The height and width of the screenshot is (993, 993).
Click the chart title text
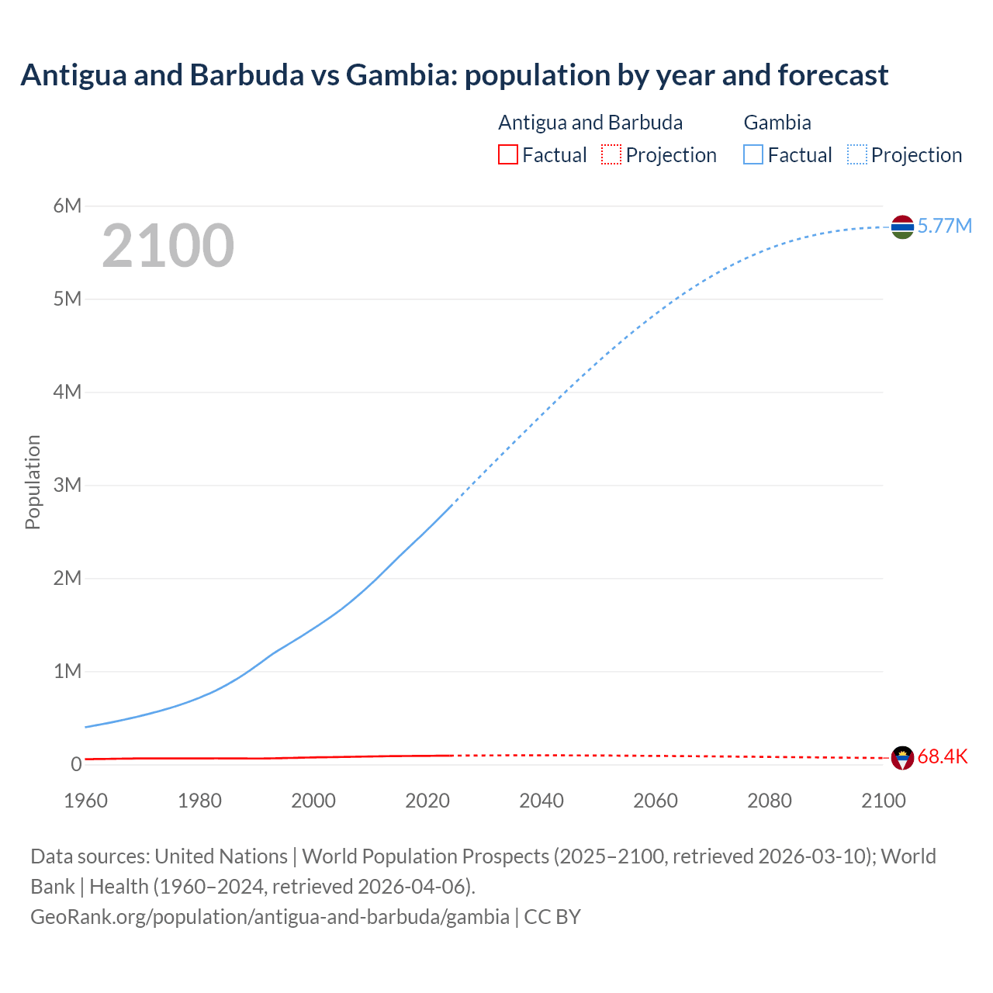[x=454, y=75]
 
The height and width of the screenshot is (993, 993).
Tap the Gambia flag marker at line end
[x=902, y=227]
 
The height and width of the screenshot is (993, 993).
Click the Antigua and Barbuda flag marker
[x=902, y=758]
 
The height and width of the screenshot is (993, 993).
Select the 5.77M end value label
[x=944, y=226]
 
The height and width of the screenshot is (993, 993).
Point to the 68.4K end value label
[x=943, y=757]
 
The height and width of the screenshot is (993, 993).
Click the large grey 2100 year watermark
[x=168, y=246]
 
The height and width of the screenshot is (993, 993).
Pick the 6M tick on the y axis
[x=67, y=206]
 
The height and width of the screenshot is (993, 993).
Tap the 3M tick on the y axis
[x=67, y=485]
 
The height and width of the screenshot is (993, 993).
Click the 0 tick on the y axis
[x=76, y=764]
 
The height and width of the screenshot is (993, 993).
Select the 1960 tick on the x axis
[x=85, y=801]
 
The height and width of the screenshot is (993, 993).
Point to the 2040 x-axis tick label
[x=541, y=801]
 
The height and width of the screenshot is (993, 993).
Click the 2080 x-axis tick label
[x=770, y=801]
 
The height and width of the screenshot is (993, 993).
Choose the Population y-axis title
[x=33, y=482]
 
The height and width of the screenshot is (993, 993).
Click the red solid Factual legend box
[x=507, y=154]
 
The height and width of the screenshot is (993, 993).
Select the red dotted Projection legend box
[x=611, y=154]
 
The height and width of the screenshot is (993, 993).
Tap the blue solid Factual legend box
[x=753, y=154]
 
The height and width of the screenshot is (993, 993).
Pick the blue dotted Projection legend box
[x=857, y=154]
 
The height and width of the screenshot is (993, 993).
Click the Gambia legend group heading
[x=777, y=123]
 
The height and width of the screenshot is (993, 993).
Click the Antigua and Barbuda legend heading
[x=590, y=123]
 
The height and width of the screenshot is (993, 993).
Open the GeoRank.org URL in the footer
[x=270, y=916]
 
